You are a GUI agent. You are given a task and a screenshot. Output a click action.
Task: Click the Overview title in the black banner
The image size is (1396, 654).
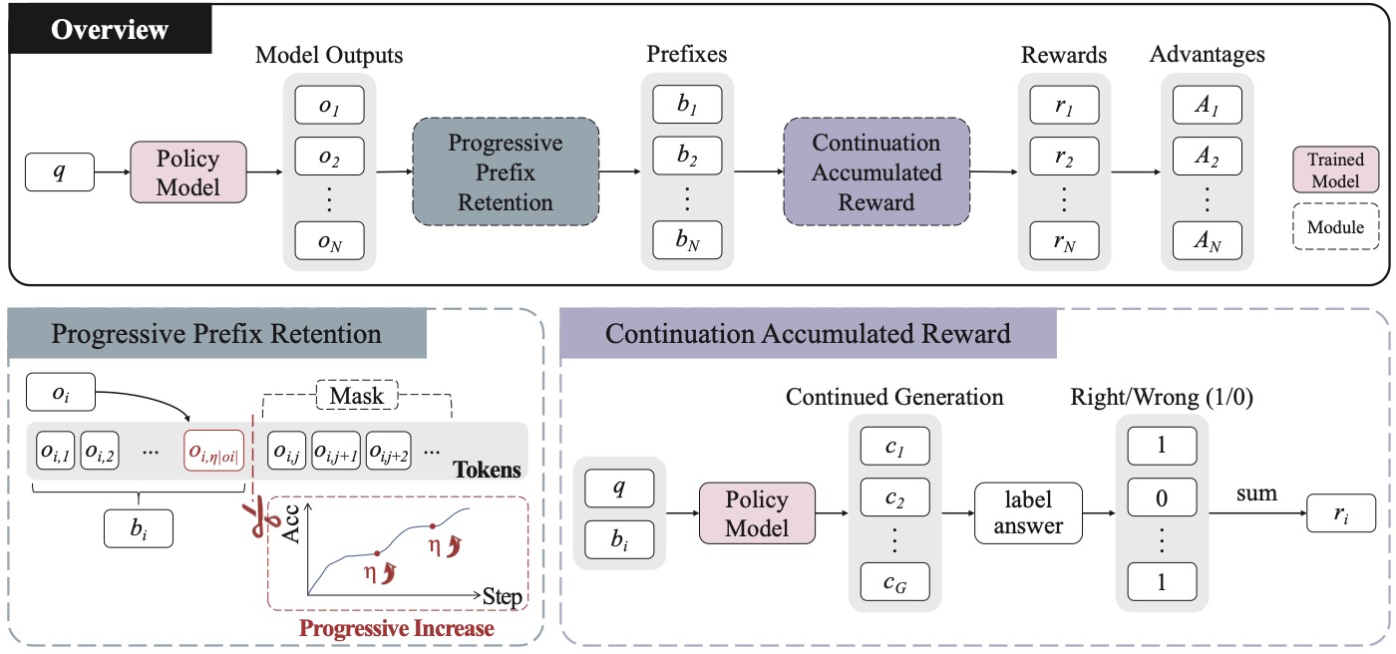point(110,29)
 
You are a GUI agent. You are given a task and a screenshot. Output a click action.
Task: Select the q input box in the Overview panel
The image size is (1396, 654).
point(60,171)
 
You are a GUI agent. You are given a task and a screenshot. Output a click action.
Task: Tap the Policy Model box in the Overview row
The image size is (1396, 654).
point(188,171)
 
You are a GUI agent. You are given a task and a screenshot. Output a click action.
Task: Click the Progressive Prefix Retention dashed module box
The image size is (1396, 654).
point(506,171)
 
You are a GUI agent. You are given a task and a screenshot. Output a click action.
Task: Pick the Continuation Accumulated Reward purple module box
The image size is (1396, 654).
point(876,171)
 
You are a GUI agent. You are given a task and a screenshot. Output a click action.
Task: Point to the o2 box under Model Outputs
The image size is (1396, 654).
point(329,156)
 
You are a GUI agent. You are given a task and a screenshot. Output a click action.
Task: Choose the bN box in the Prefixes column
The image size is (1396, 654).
point(687,240)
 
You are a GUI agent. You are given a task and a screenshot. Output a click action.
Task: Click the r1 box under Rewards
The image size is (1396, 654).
point(1065,105)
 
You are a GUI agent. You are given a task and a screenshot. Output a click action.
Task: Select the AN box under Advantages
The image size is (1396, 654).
point(1208,240)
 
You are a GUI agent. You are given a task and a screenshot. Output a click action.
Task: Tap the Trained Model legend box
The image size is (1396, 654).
point(1335,169)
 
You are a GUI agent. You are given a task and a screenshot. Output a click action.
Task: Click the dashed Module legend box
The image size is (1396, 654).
point(1335,226)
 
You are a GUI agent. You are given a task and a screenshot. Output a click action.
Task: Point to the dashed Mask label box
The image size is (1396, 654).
point(357,395)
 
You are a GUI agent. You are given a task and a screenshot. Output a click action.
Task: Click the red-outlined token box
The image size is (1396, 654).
point(213,451)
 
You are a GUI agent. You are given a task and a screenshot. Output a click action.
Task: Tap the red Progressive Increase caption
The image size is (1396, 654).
point(397,628)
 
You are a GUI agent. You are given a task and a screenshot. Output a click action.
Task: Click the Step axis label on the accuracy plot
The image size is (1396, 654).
point(503,597)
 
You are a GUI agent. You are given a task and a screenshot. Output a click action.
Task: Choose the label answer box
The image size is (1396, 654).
point(1028,513)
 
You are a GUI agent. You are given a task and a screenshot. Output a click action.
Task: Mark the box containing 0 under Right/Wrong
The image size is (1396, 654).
point(1162,497)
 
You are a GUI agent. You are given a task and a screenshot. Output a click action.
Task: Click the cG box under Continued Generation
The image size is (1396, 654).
point(895,582)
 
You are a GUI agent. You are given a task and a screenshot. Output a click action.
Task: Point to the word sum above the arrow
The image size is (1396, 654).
point(1256,493)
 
